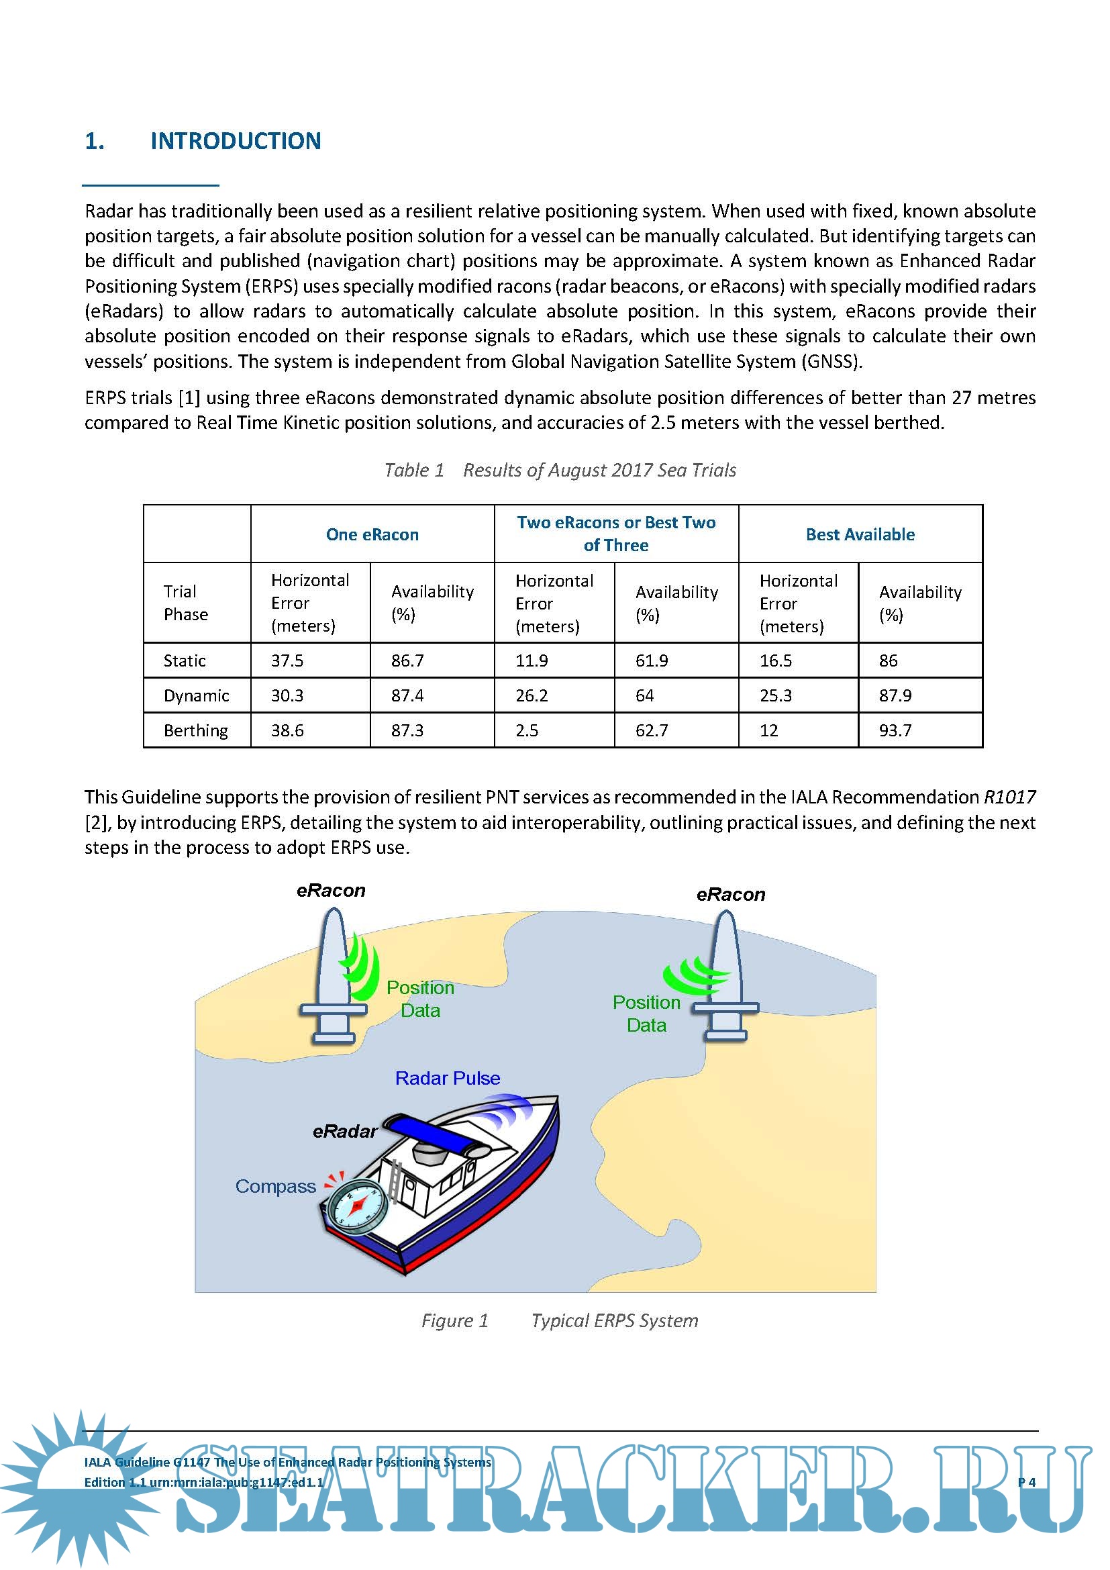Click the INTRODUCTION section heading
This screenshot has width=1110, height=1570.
pyautogui.click(x=235, y=141)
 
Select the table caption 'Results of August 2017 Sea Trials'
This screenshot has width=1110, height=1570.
pyautogui.click(x=599, y=471)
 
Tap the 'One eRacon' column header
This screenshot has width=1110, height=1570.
pyautogui.click(x=372, y=535)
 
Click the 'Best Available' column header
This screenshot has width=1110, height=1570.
pyautogui.click(x=860, y=535)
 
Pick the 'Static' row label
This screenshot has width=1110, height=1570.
pyautogui.click(x=185, y=660)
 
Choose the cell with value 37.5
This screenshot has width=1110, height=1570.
pyautogui.click(x=287, y=660)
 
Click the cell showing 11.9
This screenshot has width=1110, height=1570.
pyautogui.click(x=532, y=660)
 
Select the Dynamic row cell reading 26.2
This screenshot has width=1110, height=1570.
pyautogui.click(x=532, y=695)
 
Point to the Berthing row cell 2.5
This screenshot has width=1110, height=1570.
pyautogui.click(x=527, y=730)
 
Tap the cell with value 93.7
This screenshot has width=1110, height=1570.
pyautogui.click(x=895, y=730)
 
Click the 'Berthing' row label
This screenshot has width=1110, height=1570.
pyautogui.click(x=195, y=730)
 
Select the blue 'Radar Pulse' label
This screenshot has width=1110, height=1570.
pyautogui.click(x=448, y=1079)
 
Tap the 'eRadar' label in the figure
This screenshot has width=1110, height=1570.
pyautogui.click(x=345, y=1132)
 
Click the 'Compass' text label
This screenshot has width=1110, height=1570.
pyautogui.click(x=275, y=1186)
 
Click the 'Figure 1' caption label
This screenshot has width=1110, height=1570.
pyautogui.click(x=454, y=1320)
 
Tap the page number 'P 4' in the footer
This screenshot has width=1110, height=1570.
pyautogui.click(x=1027, y=1483)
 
